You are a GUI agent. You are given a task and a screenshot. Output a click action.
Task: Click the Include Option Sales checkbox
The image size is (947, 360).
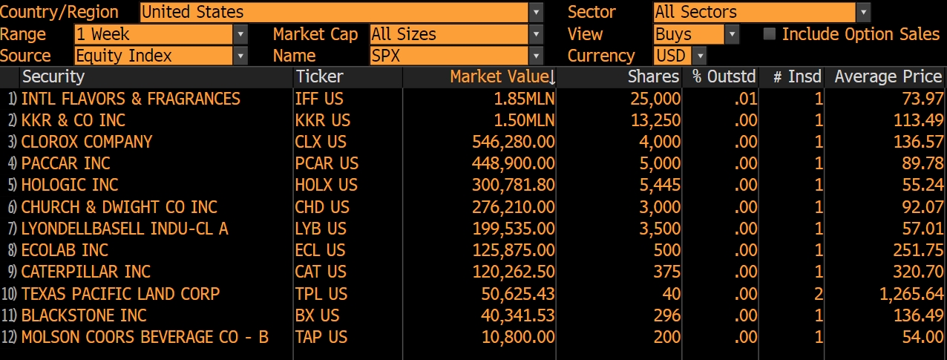tap(770, 34)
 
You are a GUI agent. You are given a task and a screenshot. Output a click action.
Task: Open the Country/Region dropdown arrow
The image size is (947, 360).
tap(536, 13)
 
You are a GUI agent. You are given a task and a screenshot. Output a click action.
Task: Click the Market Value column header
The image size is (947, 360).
tap(502, 77)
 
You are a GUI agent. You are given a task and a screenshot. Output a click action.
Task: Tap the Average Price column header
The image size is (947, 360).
tap(888, 77)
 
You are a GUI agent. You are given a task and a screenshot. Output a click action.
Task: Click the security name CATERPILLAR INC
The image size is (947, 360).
tap(86, 272)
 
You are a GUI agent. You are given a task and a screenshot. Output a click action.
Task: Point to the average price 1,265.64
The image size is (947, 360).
tap(911, 294)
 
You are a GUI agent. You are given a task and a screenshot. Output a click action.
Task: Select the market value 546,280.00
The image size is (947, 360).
tap(513, 142)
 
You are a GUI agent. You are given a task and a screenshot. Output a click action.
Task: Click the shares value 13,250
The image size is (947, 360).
tap(656, 120)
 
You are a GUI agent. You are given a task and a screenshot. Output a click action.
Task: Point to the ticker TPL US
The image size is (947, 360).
tap(321, 294)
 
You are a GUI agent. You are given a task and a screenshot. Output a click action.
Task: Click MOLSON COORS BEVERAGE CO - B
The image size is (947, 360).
tap(145, 337)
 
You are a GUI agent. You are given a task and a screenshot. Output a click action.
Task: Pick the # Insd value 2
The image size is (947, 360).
tap(818, 294)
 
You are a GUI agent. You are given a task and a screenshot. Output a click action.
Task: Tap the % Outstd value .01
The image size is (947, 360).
tap(745, 99)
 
